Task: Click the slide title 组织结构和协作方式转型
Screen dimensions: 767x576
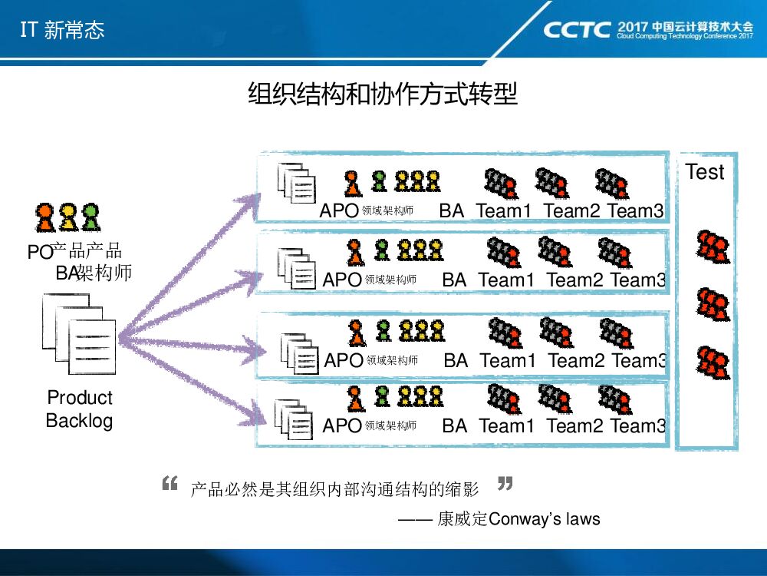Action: click(383, 94)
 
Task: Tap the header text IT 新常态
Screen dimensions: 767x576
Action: click(61, 30)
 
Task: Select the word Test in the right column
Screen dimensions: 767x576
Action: click(704, 172)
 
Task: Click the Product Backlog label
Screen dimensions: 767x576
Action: click(79, 409)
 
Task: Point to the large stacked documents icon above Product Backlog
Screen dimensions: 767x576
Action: click(80, 335)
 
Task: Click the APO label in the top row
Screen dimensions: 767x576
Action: click(338, 210)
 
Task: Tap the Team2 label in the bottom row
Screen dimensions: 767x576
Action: click(574, 425)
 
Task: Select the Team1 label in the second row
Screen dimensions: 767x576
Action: click(505, 280)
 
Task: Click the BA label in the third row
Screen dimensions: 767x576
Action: click(456, 360)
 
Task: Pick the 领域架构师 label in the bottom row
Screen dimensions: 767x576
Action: click(390, 425)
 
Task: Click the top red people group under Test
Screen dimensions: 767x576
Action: click(713, 246)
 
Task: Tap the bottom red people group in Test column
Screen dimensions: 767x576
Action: click(713, 359)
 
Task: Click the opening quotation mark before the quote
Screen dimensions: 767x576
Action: click(170, 484)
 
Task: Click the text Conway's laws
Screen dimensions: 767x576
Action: click(544, 519)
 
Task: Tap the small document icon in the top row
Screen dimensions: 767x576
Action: click(296, 183)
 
